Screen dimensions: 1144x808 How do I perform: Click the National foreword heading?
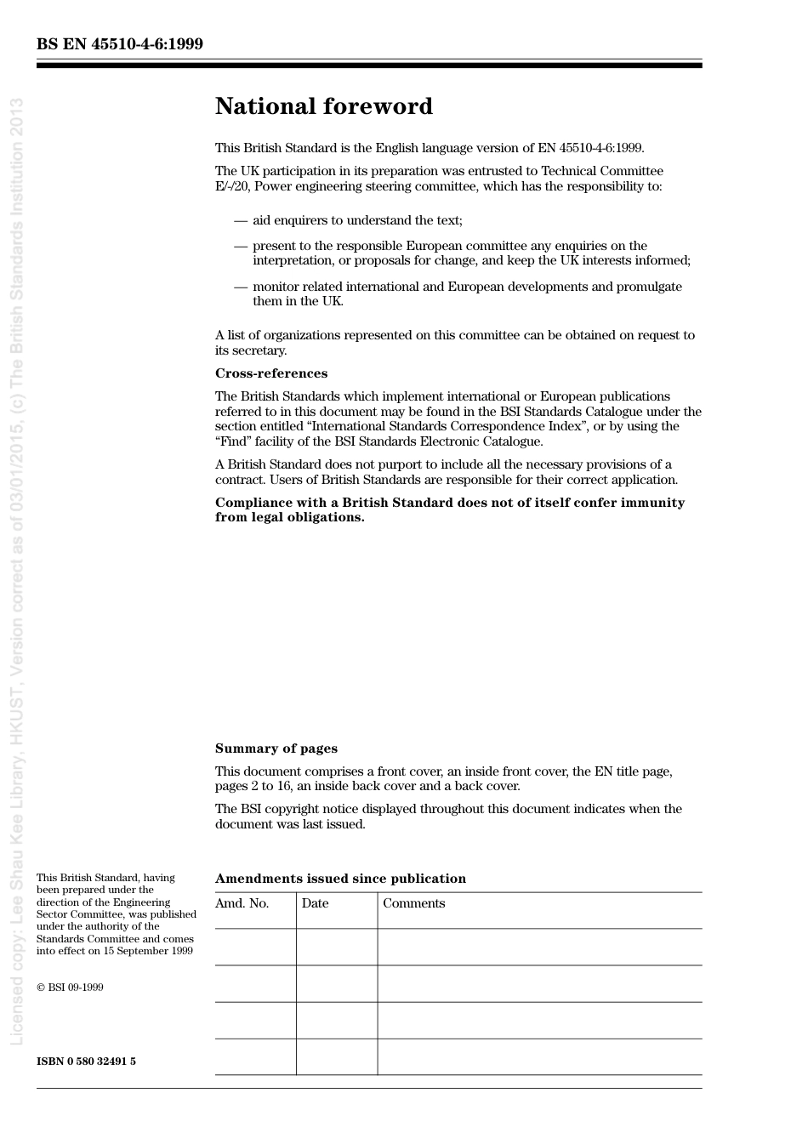click(323, 106)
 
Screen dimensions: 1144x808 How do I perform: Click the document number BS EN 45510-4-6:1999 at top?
click(120, 44)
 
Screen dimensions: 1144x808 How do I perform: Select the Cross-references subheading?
click(270, 373)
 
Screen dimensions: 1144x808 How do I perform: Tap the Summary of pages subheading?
click(276, 748)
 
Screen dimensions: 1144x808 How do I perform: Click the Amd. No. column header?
click(242, 903)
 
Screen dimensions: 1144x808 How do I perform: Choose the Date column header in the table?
click(315, 903)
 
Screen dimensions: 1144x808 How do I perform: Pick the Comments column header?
click(413, 903)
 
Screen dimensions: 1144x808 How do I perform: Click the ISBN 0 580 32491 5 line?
click(86, 1061)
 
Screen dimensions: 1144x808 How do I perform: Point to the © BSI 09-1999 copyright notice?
click(70, 987)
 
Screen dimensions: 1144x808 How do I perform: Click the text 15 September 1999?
click(148, 951)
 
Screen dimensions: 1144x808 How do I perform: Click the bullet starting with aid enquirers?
click(357, 220)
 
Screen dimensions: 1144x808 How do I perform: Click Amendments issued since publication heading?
click(340, 879)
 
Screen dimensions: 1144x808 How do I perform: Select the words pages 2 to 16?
click(253, 786)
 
